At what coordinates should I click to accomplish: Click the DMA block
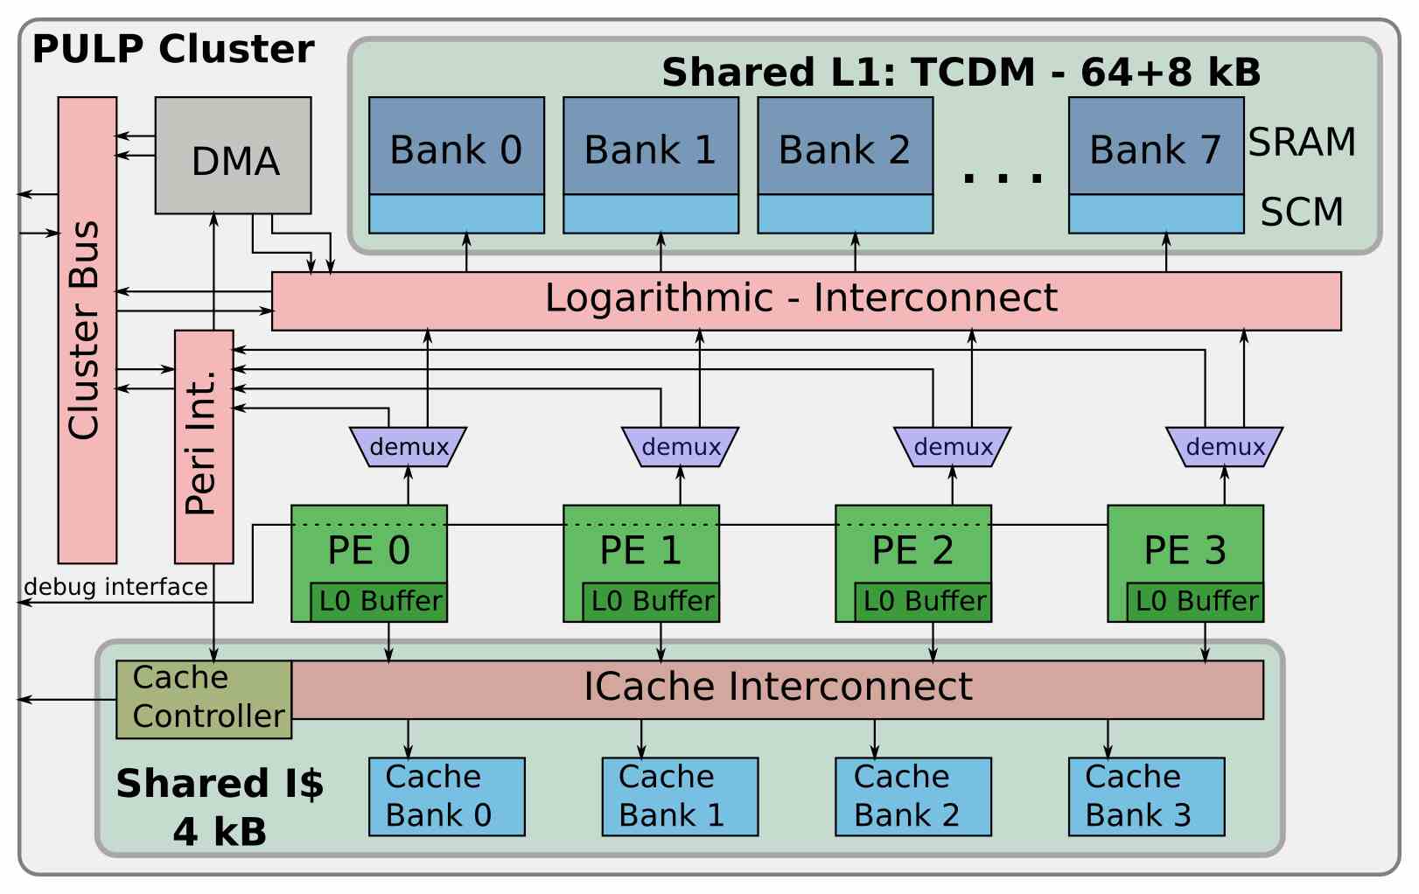[x=233, y=156]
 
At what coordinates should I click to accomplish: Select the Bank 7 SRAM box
[x=1156, y=146]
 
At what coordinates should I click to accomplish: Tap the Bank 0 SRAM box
[x=456, y=146]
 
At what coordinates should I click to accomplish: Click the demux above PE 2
[x=952, y=447]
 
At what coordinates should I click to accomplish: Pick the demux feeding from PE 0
[x=408, y=447]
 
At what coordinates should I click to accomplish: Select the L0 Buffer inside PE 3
[x=1195, y=602]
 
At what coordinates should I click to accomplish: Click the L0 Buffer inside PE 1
[x=651, y=602]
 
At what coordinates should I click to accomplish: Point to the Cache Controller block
[x=204, y=699]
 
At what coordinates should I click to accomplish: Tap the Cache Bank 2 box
[x=912, y=796]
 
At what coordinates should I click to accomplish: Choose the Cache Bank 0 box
[x=446, y=796]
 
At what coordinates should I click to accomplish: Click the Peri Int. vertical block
[x=204, y=446]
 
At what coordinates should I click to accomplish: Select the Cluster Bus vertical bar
[x=87, y=330]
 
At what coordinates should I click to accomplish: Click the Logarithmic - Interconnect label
[x=800, y=298]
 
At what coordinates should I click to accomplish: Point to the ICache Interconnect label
[x=777, y=687]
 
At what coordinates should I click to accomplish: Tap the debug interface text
[x=115, y=587]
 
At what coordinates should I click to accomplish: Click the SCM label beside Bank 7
[x=1301, y=213]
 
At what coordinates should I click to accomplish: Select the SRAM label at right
[x=1301, y=143]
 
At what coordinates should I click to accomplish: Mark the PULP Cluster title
[x=173, y=49]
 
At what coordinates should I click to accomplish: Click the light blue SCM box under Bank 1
[x=651, y=213]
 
